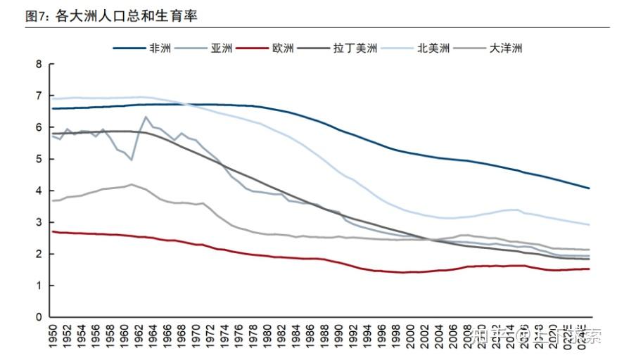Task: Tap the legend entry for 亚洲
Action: (x=221, y=49)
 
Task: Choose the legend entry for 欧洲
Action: (x=283, y=49)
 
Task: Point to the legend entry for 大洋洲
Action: (x=505, y=49)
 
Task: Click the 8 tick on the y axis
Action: (x=39, y=64)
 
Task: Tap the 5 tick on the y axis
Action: (x=39, y=159)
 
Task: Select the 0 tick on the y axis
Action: (x=39, y=317)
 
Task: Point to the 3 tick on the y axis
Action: (x=39, y=222)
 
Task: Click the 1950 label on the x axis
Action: (x=53, y=335)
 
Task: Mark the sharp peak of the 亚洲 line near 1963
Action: (x=146, y=117)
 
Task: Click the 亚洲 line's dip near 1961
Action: (x=132, y=160)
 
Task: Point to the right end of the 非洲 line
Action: (x=589, y=188)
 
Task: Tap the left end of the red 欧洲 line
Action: (x=53, y=231)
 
